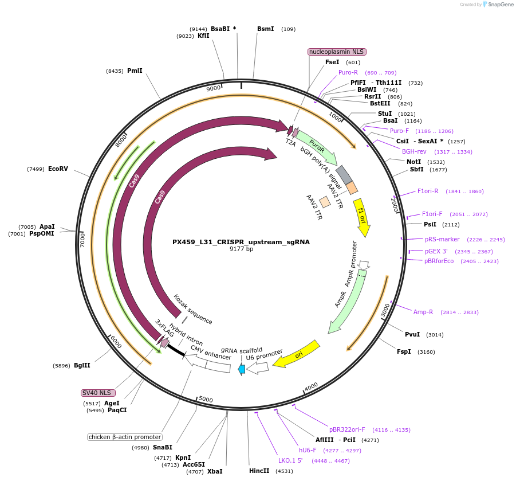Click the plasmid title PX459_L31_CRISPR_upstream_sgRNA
pos(241,242)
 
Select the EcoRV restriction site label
pos(58,169)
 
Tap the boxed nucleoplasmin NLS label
pos(337,52)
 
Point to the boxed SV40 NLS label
pos(98,393)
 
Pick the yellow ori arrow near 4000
pos(296,355)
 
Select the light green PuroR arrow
pos(317,147)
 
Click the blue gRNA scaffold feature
pos(242,369)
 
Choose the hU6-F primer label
pos(308,450)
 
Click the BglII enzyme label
pos(82,365)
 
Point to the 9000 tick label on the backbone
pos(214,89)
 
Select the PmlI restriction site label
pos(135,71)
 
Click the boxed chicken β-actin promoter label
pos(124,437)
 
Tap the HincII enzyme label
pos(259,471)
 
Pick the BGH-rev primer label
pos(414,151)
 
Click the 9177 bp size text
pos(241,249)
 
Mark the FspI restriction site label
pos(404,351)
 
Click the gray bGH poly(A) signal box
pos(344,174)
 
